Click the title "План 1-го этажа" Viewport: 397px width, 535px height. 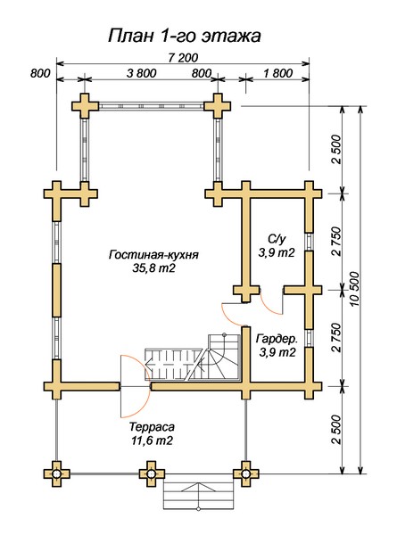[185, 36]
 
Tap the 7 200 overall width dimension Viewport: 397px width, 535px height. [183, 58]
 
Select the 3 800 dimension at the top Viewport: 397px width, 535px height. [141, 73]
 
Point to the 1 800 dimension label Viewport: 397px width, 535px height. [277, 73]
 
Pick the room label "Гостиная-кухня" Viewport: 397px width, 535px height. [153, 255]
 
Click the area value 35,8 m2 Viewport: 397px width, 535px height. [153, 268]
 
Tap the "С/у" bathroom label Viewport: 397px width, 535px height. [276, 240]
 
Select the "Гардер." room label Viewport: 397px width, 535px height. [277, 339]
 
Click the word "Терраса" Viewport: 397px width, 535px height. [152, 427]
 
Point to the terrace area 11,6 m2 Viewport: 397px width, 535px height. [152, 440]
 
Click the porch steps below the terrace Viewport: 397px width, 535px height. [198, 492]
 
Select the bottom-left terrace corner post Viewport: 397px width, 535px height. [57, 474]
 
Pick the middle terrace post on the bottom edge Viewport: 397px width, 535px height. [152, 474]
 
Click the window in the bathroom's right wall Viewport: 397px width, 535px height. [309, 242]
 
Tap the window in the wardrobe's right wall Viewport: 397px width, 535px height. [309, 338]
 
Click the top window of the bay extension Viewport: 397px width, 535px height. [152, 106]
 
